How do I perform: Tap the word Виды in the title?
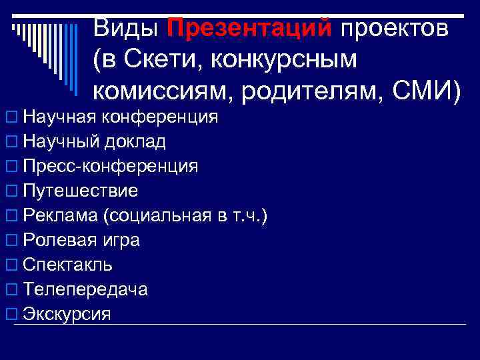[126, 29]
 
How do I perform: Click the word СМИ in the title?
[419, 90]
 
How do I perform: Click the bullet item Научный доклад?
[94, 142]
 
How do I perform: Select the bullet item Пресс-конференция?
[110, 167]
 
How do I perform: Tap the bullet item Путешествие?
[80, 191]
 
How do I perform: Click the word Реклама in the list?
[59, 216]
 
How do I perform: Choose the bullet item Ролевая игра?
[81, 240]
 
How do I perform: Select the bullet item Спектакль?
[67, 265]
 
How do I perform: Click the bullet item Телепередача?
[85, 289]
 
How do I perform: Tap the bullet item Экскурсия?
[67, 314]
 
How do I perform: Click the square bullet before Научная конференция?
[10, 118]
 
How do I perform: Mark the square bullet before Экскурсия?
[10, 314]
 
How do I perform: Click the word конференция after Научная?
[161, 117]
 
